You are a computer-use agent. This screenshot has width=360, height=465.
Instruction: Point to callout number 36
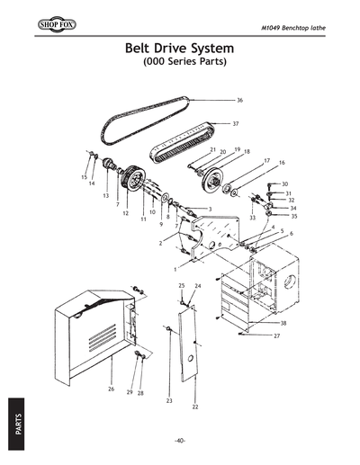tap(240, 100)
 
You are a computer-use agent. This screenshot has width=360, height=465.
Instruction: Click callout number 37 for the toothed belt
tap(236, 123)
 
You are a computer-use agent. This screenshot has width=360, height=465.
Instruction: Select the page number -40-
tap(180, 440)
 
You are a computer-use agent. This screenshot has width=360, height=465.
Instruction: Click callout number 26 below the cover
tap(111, 389)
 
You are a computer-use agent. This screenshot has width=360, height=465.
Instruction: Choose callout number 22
tap(195, 407)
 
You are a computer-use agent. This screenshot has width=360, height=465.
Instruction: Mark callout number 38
tap(283, 322)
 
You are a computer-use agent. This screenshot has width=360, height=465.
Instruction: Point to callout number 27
tap(276, 335)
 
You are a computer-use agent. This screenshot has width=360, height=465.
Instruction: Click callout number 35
tap(293, 217)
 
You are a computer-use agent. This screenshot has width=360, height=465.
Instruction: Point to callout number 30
tap(284, 183)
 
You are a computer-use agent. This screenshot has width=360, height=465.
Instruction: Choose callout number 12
tap(126, 214)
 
